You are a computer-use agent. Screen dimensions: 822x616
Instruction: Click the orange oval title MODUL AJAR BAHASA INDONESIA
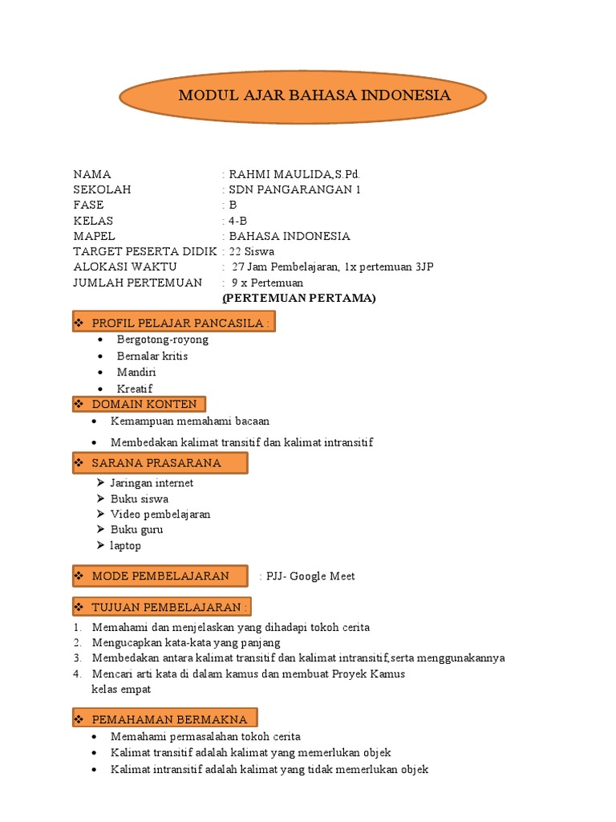click(303, 96)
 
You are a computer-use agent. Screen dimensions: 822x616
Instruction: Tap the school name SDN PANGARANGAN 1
click(294, 189)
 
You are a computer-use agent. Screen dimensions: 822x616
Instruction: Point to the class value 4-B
click(238, 221)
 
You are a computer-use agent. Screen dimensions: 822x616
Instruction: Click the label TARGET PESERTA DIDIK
click(145, 251)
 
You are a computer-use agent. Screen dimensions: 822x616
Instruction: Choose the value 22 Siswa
click(252, 251)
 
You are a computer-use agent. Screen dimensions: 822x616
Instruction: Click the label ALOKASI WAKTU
click(125, 267)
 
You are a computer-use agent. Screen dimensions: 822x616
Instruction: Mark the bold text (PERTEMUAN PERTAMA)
click(299, 298)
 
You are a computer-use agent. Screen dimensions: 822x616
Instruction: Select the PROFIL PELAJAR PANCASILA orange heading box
click(174, 322)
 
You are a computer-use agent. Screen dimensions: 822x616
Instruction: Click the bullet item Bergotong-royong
click(162, 340)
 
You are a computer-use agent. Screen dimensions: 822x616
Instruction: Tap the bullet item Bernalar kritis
click(152, 356)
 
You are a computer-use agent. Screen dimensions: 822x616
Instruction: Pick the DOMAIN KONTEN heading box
click(140, 404)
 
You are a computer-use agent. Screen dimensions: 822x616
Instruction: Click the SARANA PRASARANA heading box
click(160, 463)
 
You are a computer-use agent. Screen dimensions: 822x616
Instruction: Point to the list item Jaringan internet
click(152, 483)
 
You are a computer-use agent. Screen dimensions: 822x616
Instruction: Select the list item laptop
click(126, 546)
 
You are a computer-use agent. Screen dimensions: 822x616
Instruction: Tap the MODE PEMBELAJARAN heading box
click(160, 576)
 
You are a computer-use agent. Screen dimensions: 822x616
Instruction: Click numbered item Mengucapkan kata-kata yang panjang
click(186, 642)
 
